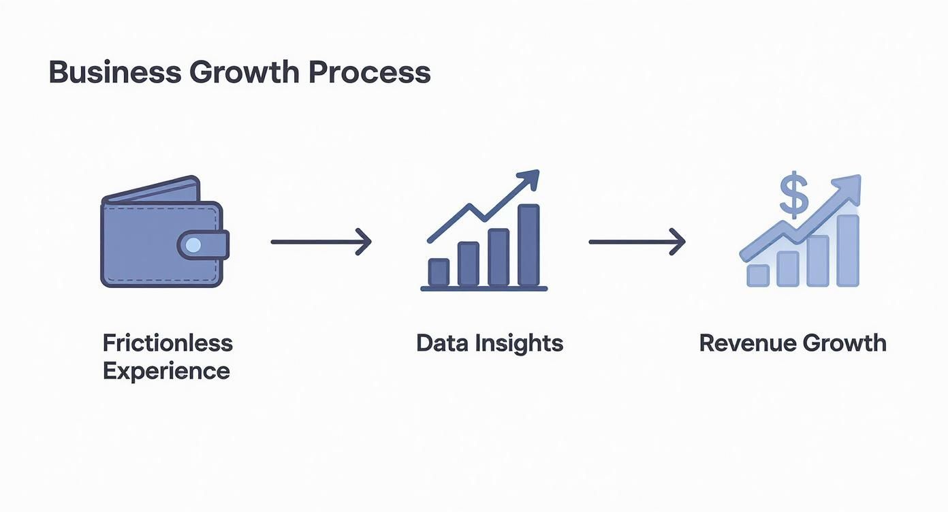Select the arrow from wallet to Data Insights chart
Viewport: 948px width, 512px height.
click(x=321, y=242)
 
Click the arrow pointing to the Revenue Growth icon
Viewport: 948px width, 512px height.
click(x=637, y=242)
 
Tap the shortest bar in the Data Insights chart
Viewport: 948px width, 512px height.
click(x=438, y=272)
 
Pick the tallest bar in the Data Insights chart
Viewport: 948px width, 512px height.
click(x=528, y=245)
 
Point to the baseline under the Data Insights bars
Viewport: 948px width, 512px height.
click(x=484, y=289)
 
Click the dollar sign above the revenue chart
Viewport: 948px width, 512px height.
click(x=794, y=194)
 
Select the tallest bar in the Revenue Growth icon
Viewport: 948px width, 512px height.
click(x=848, y=251)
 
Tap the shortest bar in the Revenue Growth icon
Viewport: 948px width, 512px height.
click(x=758, y=275)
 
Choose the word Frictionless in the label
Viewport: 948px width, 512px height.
click(x=168, y=342)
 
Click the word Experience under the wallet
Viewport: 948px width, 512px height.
click(x=166, y=372)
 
